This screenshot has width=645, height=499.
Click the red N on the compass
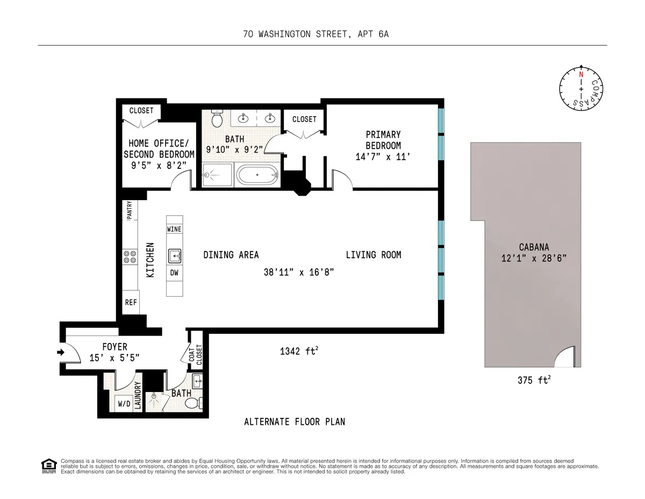(x=580, y=74)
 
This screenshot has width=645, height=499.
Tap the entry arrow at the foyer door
(x=60, y=353)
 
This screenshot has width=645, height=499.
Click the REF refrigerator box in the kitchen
(x=131, y=302)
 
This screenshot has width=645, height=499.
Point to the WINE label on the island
(x=174, y=229)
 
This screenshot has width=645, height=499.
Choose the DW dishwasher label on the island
(x=174, y=273)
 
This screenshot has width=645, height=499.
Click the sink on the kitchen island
(x=174, y=255)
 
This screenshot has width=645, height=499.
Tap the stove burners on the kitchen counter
(x=130, y=256)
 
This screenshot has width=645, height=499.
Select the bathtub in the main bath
(x=257, y=175)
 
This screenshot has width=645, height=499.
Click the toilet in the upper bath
(x=217, y=119)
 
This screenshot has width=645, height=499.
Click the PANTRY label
(x=130, y=210)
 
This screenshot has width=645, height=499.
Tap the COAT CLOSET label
(x=196, y=354)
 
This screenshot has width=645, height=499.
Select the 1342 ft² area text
(x=299, y=352)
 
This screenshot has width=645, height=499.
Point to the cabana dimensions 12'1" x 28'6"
(x=533, y=258)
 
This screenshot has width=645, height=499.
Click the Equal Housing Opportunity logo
(x=48, y=466)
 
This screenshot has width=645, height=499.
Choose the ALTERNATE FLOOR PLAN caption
(x=295, y=422)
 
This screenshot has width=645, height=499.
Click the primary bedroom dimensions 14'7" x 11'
(x=383, y=156)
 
